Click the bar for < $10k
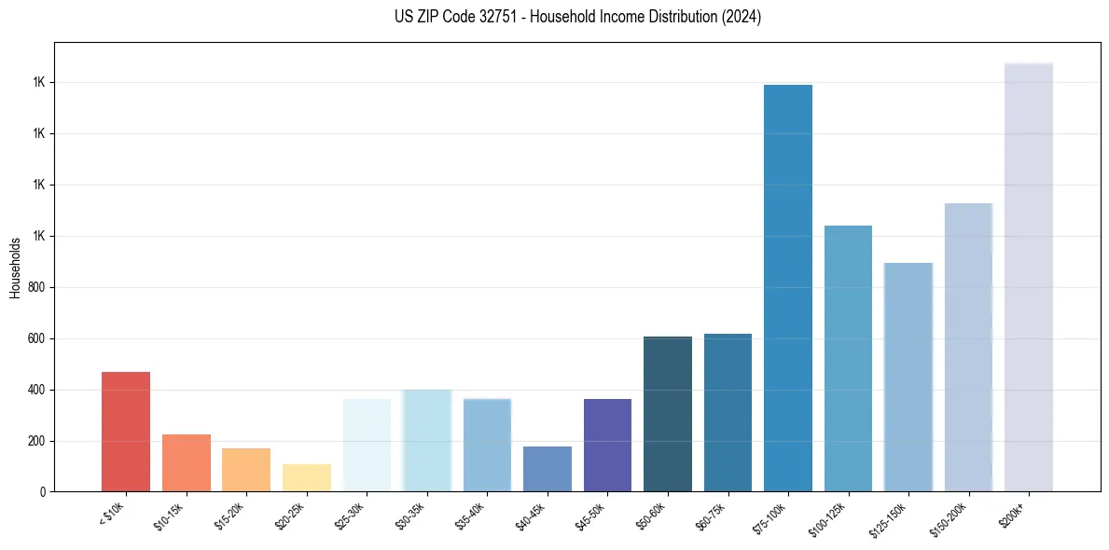[x=126, y=432]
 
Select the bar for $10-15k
[x=186, y=462]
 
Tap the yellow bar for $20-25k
[x=306, y=477]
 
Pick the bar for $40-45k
[x=547, y=469]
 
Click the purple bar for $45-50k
[x=607, y=445]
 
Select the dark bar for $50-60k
[x=667, y=414]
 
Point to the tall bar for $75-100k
[x=787, y=288]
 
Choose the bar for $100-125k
[x=848, y=358]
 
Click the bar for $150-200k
[x=968, y=347]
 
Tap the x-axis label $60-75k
[x=712, y=516]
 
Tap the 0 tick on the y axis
[x=43, y=492]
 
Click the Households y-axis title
[x=15, y=268]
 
